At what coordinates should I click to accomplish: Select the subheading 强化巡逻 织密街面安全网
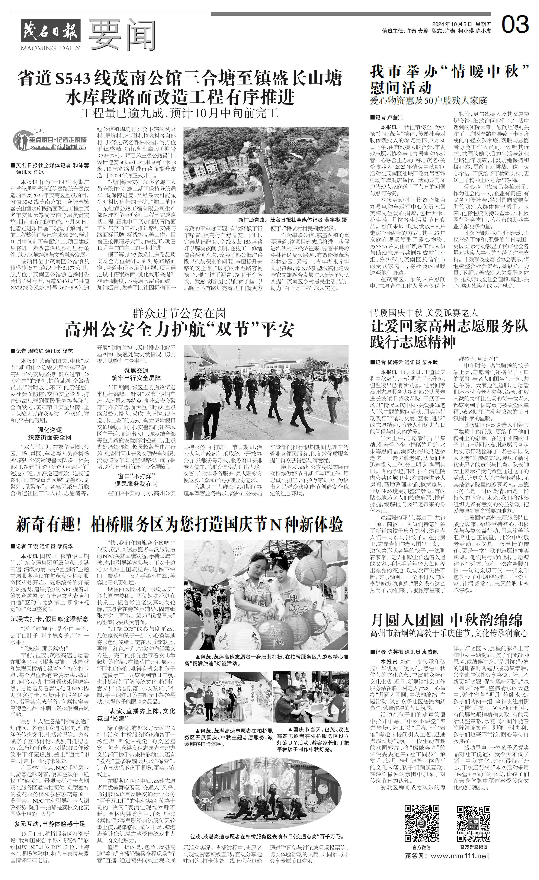50,434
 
